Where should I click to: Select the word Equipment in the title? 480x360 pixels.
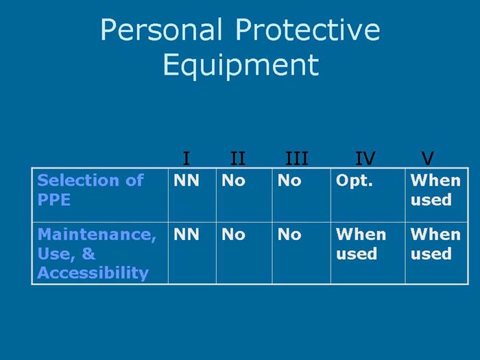(241, 65)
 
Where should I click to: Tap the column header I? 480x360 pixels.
(187, 159)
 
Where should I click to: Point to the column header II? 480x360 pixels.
(237, 159)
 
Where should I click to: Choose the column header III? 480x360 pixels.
(297, 159)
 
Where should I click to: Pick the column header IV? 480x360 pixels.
(365, 159)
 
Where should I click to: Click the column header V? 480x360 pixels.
(428, 159)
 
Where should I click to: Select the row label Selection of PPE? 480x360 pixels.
(90, 190)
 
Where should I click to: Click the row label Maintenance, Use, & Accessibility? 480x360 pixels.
(97, 254)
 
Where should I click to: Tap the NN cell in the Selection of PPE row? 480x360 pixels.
(187, 181)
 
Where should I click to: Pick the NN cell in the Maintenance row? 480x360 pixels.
(187, 235)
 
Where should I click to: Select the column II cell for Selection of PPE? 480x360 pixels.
(233, 181)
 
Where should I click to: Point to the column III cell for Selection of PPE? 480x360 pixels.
(289, 181)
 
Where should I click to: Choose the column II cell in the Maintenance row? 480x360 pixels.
(233, 235)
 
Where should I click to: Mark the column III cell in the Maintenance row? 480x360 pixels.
(289, 235)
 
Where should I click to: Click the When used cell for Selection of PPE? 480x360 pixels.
(435, 190)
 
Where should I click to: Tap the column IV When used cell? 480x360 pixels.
(361, 244)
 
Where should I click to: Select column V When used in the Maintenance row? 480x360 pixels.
(435, 244)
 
